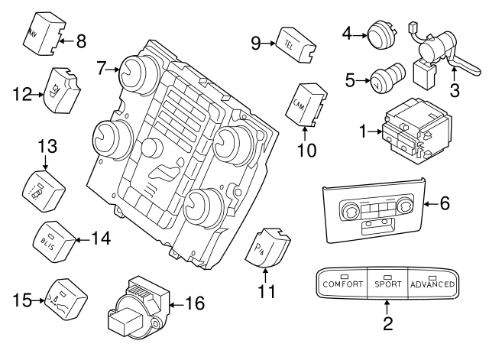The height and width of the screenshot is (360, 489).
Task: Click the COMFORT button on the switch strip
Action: [342, 284]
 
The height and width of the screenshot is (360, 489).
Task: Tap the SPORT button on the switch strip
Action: [388, 284]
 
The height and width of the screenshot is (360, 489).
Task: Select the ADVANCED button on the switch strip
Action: [433, 284]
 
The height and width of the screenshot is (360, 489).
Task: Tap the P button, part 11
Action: [267, 245]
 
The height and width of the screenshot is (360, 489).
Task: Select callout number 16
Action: [195, 304]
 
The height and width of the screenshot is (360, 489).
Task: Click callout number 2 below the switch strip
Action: [387, 323]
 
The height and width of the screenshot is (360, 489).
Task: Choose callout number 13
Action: [47, 145]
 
